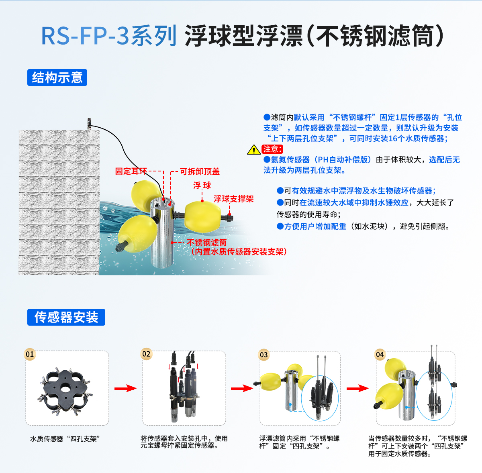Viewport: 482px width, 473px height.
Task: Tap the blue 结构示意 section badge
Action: click(x=57, y=77)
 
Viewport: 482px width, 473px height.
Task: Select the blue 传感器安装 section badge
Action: click(x=66, y=317)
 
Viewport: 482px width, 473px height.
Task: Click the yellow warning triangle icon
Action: click(x=254, y=150)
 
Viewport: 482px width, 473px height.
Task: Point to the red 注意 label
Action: click(x=272, y=149)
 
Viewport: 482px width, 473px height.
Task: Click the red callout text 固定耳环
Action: click(x=131, y=171)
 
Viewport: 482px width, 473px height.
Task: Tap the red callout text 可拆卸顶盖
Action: click(x=200, y=172)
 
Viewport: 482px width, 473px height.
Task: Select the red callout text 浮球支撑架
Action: click(x=233, y=199)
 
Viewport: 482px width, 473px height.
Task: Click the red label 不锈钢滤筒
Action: click(x=207, y=243)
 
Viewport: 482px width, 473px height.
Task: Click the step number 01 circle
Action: click(x=30, y=354)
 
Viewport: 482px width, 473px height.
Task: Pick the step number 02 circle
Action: click(x=146, y=354)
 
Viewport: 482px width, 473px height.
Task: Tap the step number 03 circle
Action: click(x=263, y=355)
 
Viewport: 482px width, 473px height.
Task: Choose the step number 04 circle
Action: click(x=380, y=355)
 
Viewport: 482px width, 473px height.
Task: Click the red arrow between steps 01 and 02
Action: click(x=125, y=388)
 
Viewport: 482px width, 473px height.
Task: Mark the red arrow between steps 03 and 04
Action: click(x=357, y=388)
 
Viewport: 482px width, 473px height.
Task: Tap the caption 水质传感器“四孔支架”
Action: click(x=65, y=439)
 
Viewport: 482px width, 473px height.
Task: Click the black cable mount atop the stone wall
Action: click(x=89, y=123)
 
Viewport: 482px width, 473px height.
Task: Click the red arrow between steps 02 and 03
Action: click(x=242, y=388)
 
